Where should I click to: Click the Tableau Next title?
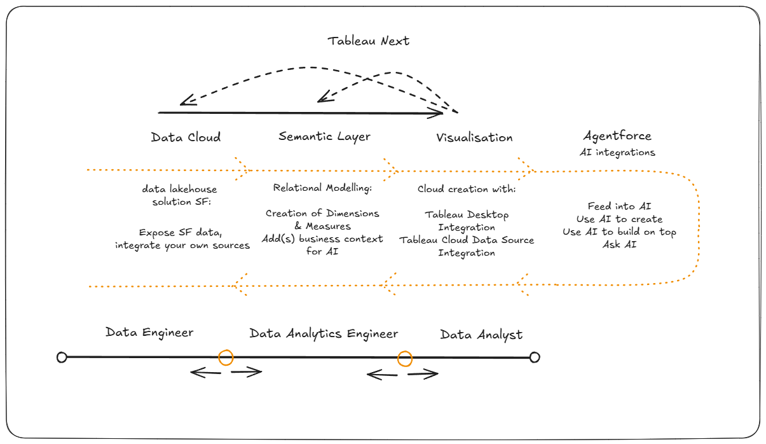369,41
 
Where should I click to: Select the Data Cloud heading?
186,137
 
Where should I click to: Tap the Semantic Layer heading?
324,136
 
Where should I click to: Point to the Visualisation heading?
474,137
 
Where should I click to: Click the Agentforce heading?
617,136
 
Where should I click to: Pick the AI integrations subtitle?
617,153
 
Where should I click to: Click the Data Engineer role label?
149,333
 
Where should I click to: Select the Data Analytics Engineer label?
324,334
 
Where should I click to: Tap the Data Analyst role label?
481,335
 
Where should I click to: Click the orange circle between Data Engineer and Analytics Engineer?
226,357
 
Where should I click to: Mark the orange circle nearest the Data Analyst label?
405,359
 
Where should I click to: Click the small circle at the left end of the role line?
62,357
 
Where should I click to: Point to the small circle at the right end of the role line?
535,357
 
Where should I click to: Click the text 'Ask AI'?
619,245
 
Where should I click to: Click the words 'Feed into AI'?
619,207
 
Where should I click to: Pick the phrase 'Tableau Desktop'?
467,215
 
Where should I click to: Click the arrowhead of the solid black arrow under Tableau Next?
439,113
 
